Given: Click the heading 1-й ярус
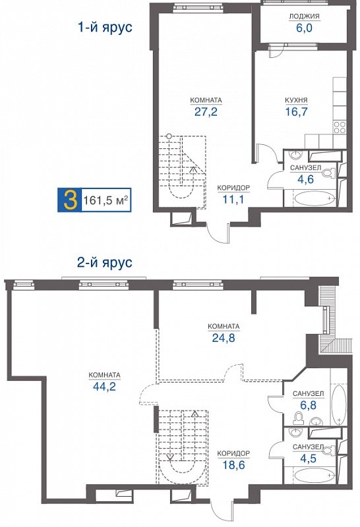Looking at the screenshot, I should pyautogui.click(x=105, y=28).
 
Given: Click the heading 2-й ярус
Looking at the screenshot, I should pyautogui.click(x=105, y=262).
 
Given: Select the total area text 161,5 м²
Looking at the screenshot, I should pyautogui.click(x=104, y=199).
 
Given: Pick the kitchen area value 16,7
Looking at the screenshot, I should pyautogui.click(x=297, y=112).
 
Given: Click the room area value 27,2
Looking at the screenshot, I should pyautogui.click(x=206, y=112).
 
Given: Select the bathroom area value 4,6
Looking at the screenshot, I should pyautogui.click(x=305, y=179).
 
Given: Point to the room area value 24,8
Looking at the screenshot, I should pyautogui.click(x=223, y=337).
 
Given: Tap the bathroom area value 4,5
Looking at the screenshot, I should pyautogui.click(x=308, y=458).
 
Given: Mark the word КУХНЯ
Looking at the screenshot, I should pyautogui.click(x=297, y=101).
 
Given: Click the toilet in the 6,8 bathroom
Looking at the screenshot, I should pyautogui.click(x=299, y=419).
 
